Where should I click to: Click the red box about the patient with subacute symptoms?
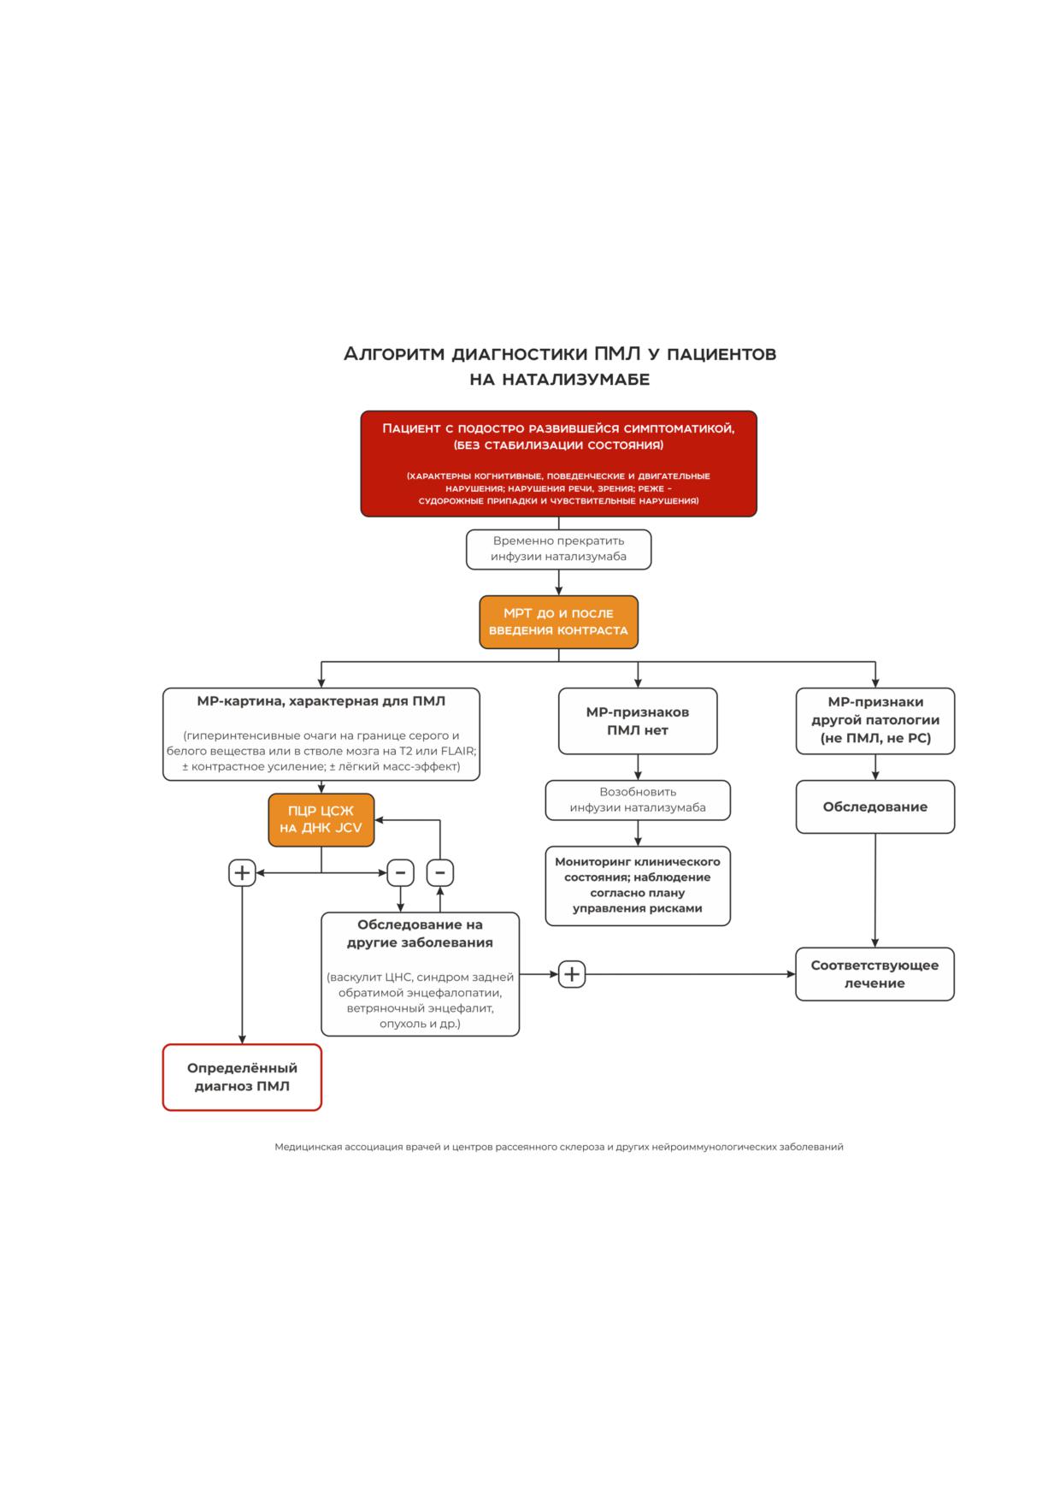point(558,464)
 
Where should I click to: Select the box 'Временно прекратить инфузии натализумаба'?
point(558,549)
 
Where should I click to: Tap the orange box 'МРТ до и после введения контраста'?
point(558,622)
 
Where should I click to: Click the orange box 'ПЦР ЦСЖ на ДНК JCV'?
point(321,820)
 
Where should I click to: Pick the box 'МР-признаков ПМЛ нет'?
point(638,721)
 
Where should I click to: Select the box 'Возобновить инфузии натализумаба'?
point(638,800)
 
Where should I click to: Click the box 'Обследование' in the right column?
point(875,806)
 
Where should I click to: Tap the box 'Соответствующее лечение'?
point(875,974)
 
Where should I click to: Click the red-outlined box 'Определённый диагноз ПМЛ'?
point(242,1078)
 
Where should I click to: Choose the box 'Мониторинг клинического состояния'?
point(638,886)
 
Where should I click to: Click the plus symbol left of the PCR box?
point(242,873)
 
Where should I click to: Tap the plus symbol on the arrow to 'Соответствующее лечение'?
point(572,974)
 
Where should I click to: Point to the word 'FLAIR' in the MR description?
point(458,751)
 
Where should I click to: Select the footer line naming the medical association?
point(559,1147)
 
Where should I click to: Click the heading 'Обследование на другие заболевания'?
point(420,934)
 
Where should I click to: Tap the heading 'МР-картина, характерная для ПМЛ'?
point(321,701)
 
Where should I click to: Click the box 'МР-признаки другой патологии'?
point(875,721)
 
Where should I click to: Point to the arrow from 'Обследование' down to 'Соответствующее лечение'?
point(875,890)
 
